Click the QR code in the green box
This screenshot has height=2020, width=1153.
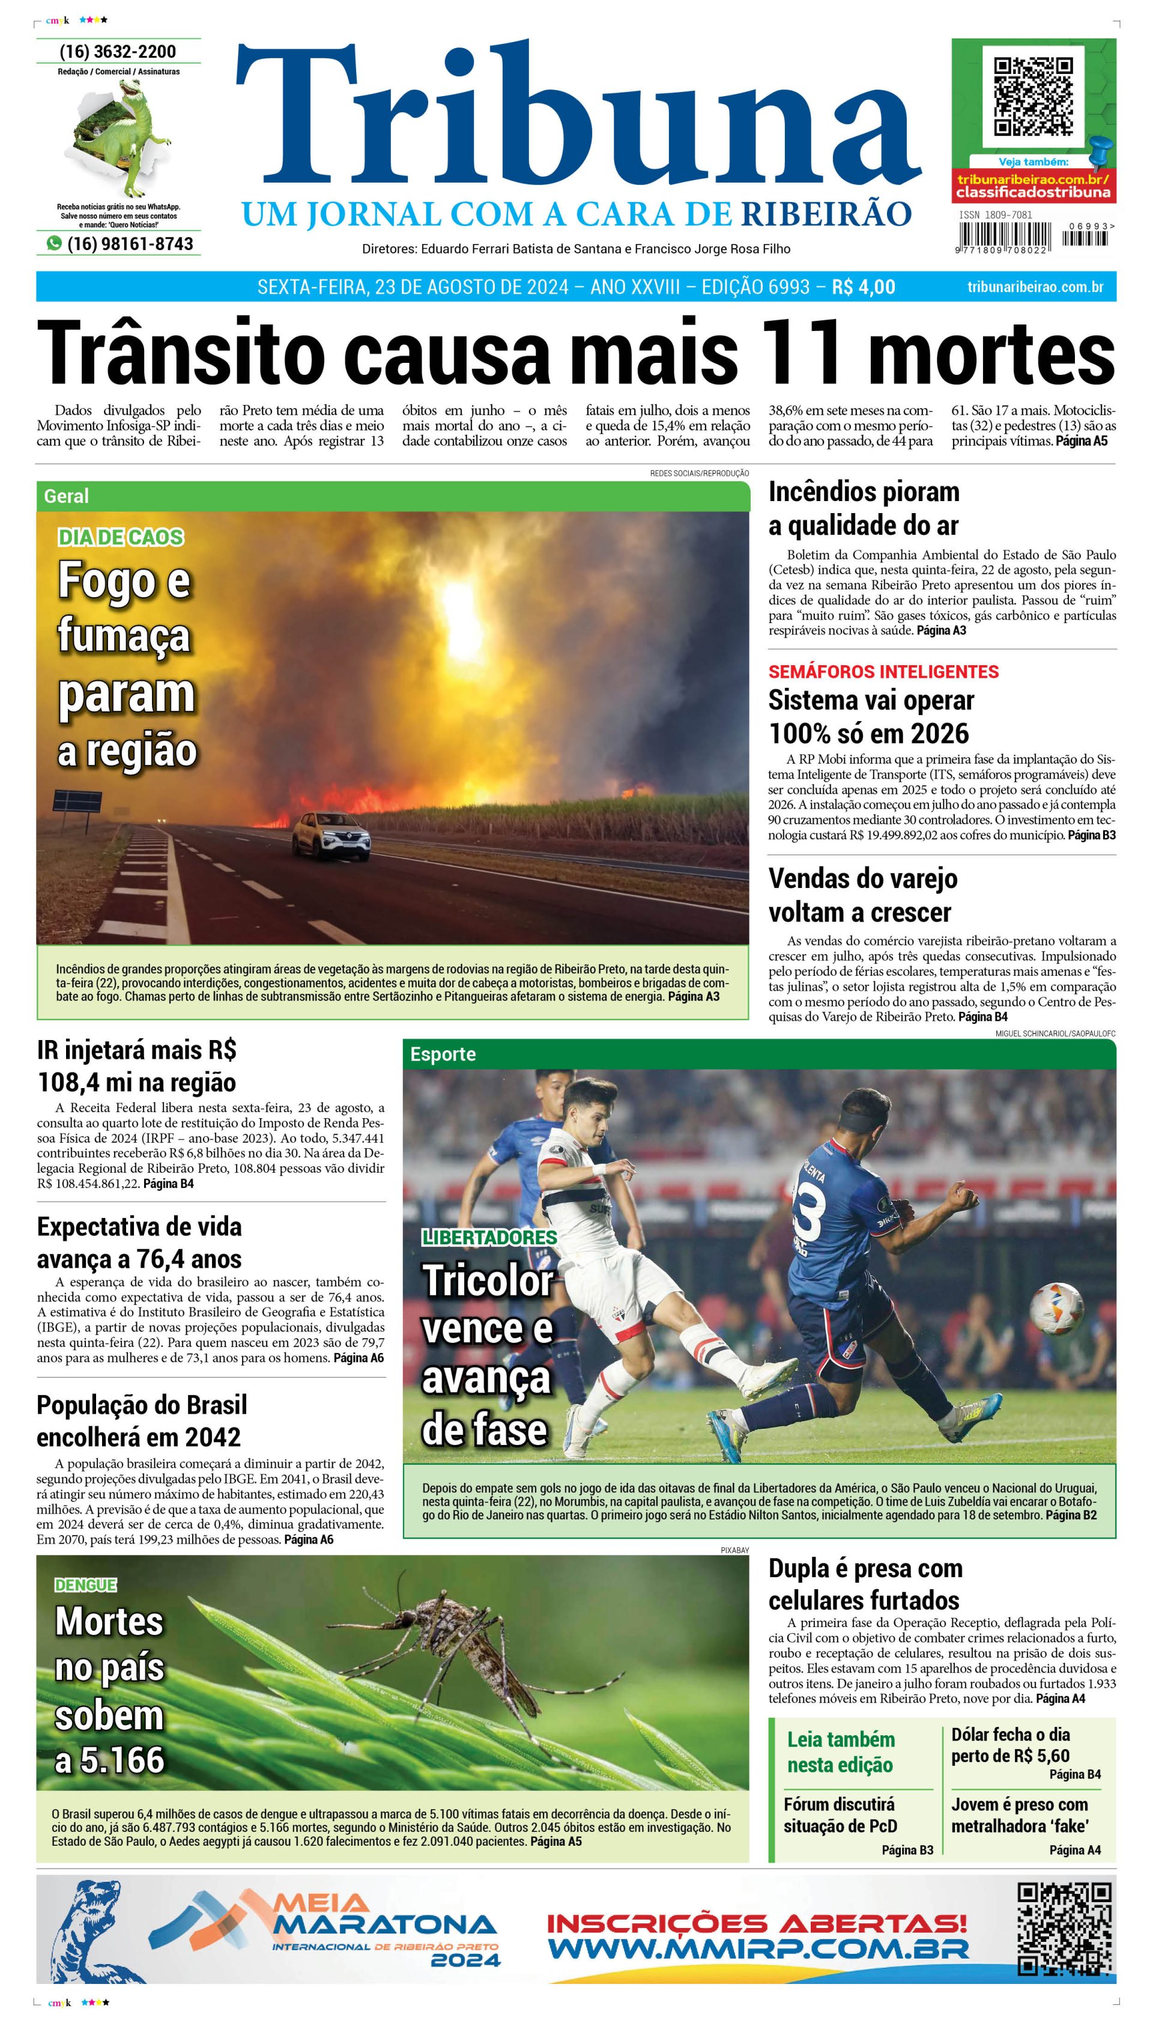click(x=1033, y=97)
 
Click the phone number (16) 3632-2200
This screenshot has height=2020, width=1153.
click(x=118, y=52)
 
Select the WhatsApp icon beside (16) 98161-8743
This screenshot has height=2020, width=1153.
click(x=54, y=243)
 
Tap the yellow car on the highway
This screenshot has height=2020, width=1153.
click(x=330, y=835)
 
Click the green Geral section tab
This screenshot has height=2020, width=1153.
click(x=67, y=496)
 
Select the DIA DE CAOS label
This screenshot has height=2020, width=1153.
click(x=120, y=537)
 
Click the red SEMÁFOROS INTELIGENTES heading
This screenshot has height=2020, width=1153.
click(x=883, y=672)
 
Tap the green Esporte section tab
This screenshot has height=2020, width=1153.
click(x=443, y=1054)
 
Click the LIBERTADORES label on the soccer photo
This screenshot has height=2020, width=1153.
click(x=489, y=1237)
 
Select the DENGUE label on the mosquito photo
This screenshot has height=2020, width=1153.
click(x=85, y=1584)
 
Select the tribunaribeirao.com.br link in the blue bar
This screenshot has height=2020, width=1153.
click(x=1035, y=287)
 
